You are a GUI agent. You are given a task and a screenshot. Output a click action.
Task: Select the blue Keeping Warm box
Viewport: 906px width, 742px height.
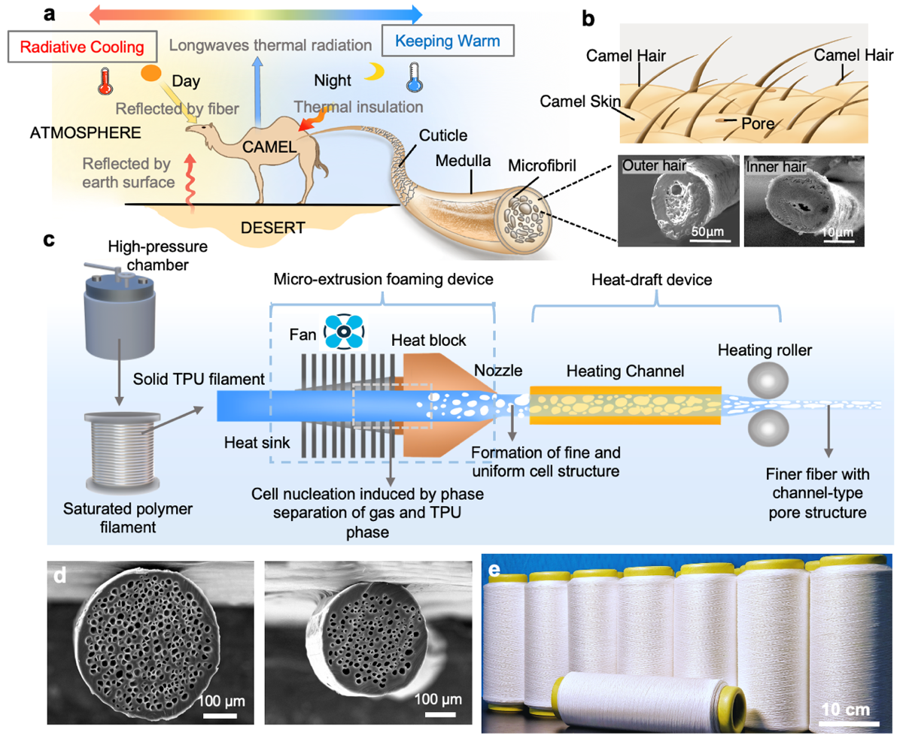click(448, 41)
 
